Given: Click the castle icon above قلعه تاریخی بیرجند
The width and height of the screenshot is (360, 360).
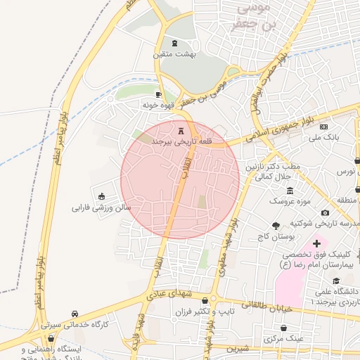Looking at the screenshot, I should click(x=181, y=130).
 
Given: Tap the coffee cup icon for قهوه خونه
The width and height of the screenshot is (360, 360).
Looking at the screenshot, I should click(x=159, y=94).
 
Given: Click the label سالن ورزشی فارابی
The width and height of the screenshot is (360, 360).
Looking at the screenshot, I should click(x=102, y=208).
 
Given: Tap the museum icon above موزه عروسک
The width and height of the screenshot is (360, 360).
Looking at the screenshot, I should click(x=290, y=191).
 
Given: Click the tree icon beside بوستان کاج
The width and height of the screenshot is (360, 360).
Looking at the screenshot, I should click(x=275, y=226).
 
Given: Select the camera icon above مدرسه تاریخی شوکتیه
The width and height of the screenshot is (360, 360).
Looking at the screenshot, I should click(x=325, y=212).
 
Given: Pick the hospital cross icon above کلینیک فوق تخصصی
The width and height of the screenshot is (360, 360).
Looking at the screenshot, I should click(x=316, y=243).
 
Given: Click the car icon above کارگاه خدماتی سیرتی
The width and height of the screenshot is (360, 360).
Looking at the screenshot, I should click(x=75, y=314).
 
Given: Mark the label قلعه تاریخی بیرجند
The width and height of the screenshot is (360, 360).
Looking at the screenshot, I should click(x=182, y=142).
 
